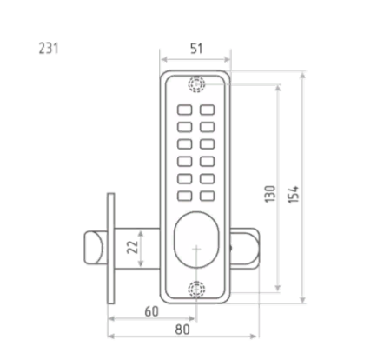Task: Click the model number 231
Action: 49,48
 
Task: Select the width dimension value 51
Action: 196,49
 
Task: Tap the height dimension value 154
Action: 293,195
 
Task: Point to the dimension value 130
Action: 270,194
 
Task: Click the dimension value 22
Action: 133,247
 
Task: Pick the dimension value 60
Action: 151,311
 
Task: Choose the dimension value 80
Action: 182,330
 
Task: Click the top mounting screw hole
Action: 196,84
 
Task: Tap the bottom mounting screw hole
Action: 196,290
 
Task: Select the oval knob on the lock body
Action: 196,240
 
